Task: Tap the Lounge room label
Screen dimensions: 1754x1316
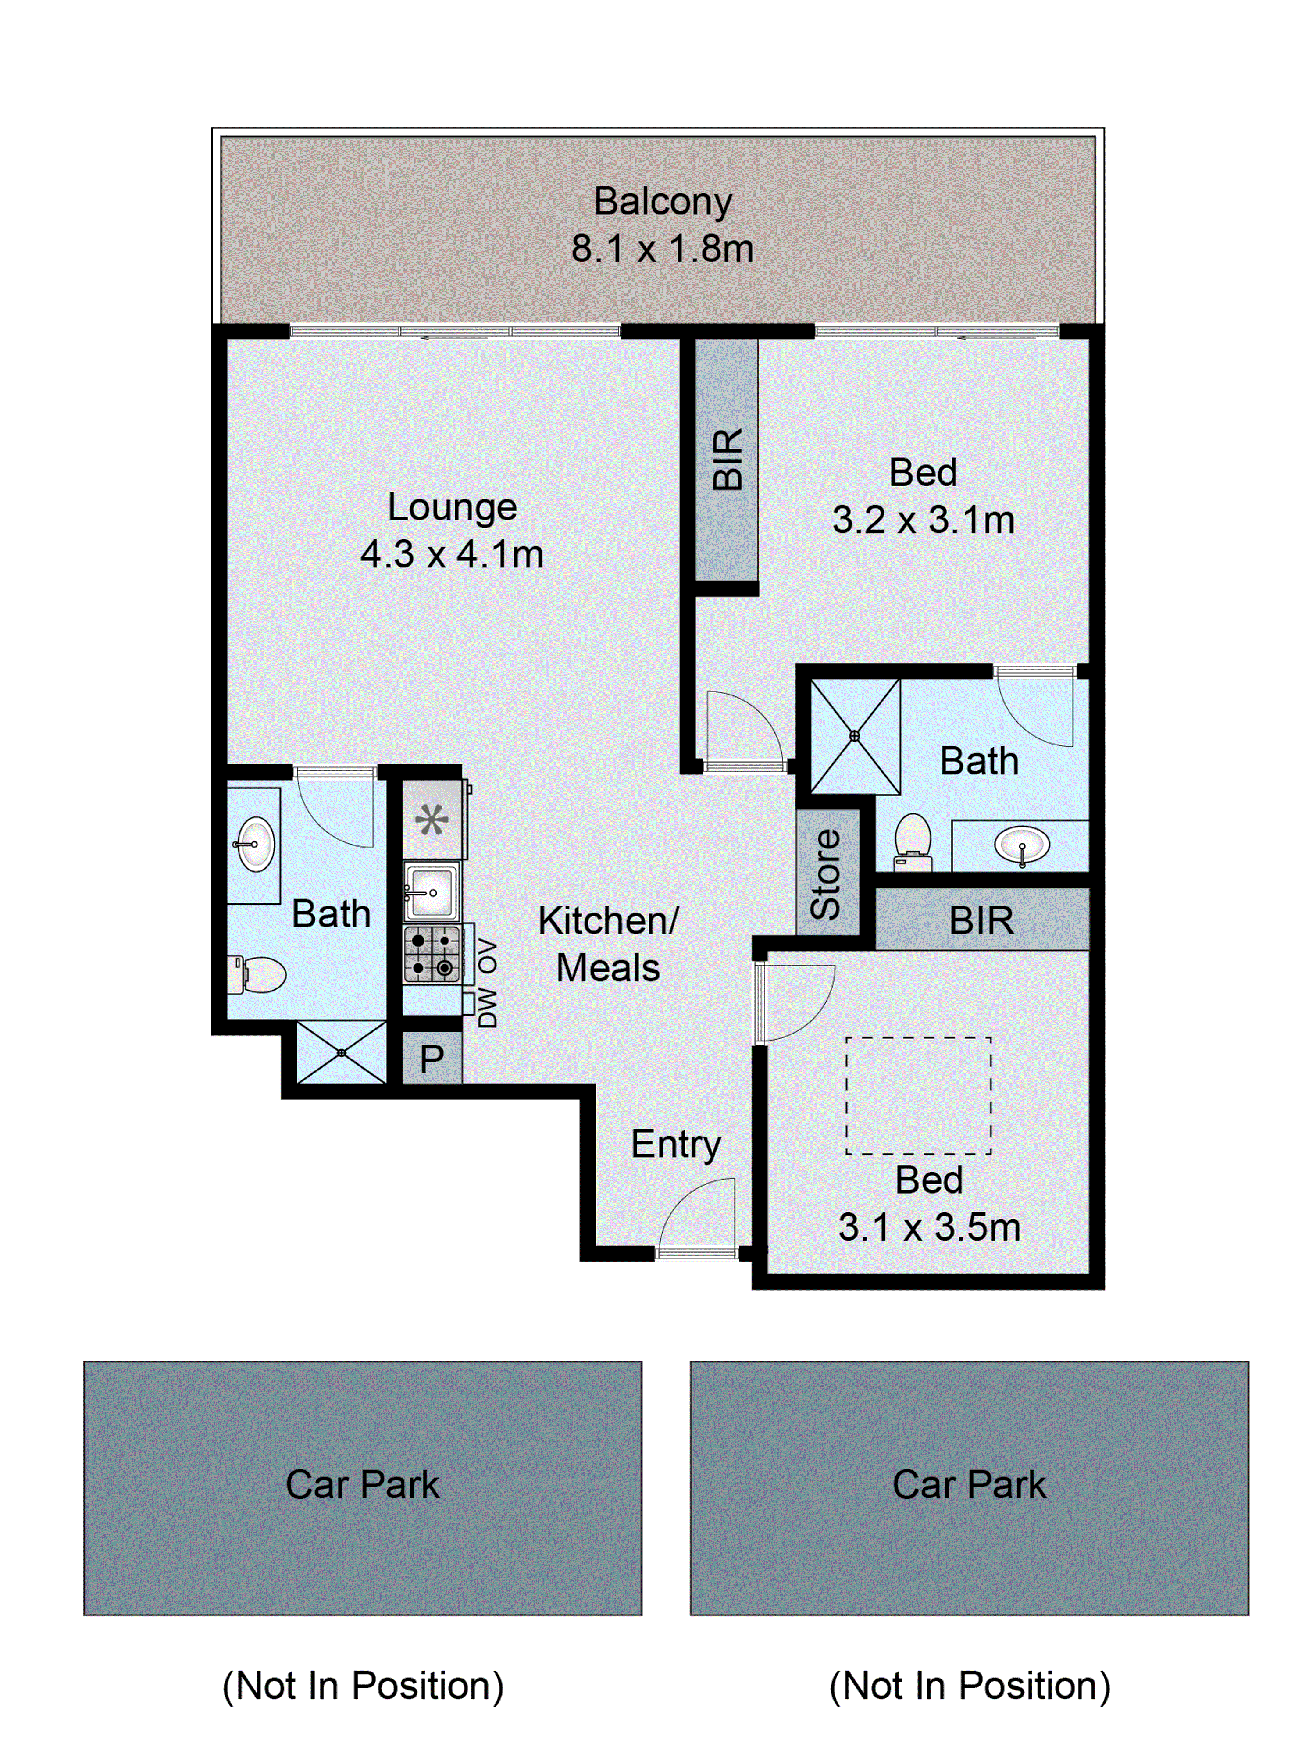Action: (x=452, y=507)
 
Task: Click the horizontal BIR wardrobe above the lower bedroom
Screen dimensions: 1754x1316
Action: (x=981, y=920)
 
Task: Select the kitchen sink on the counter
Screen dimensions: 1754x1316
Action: (x=431, y=892)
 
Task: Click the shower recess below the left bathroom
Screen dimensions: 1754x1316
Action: (x=342, y=1052)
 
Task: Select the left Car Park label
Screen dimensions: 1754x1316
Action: (x=362, y=1484)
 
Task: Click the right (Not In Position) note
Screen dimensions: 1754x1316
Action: (x=969, y=1686)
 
